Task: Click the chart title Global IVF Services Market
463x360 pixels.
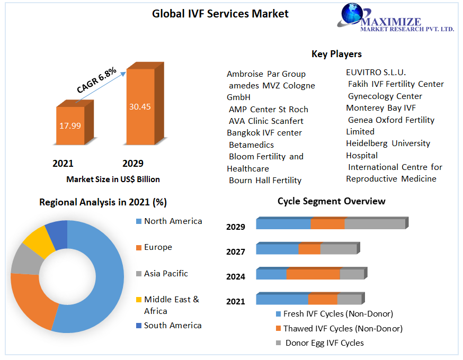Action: (x=220, y=14)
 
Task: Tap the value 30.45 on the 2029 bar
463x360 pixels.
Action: (x=140, y=106)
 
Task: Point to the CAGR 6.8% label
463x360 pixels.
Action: (x=97, y=80)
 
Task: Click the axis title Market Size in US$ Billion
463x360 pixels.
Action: (x=113, y=179)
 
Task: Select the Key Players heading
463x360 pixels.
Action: (x=336, y=54)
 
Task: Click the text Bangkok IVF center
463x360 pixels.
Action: (x=264, y=133)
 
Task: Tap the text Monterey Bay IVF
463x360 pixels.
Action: (x=380, y=108)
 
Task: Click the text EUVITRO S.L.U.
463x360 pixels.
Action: (x=376, y=72)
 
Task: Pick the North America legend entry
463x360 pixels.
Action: (x=173, y=221)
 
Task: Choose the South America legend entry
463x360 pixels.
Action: (x=173, y=326)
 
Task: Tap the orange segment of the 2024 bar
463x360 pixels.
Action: (x=313, y=274)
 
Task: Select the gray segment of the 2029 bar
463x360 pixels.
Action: (x=375, y=224)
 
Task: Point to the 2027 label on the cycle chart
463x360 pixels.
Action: (x=236, y=251)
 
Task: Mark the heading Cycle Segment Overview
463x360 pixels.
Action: (x=332, y=201)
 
